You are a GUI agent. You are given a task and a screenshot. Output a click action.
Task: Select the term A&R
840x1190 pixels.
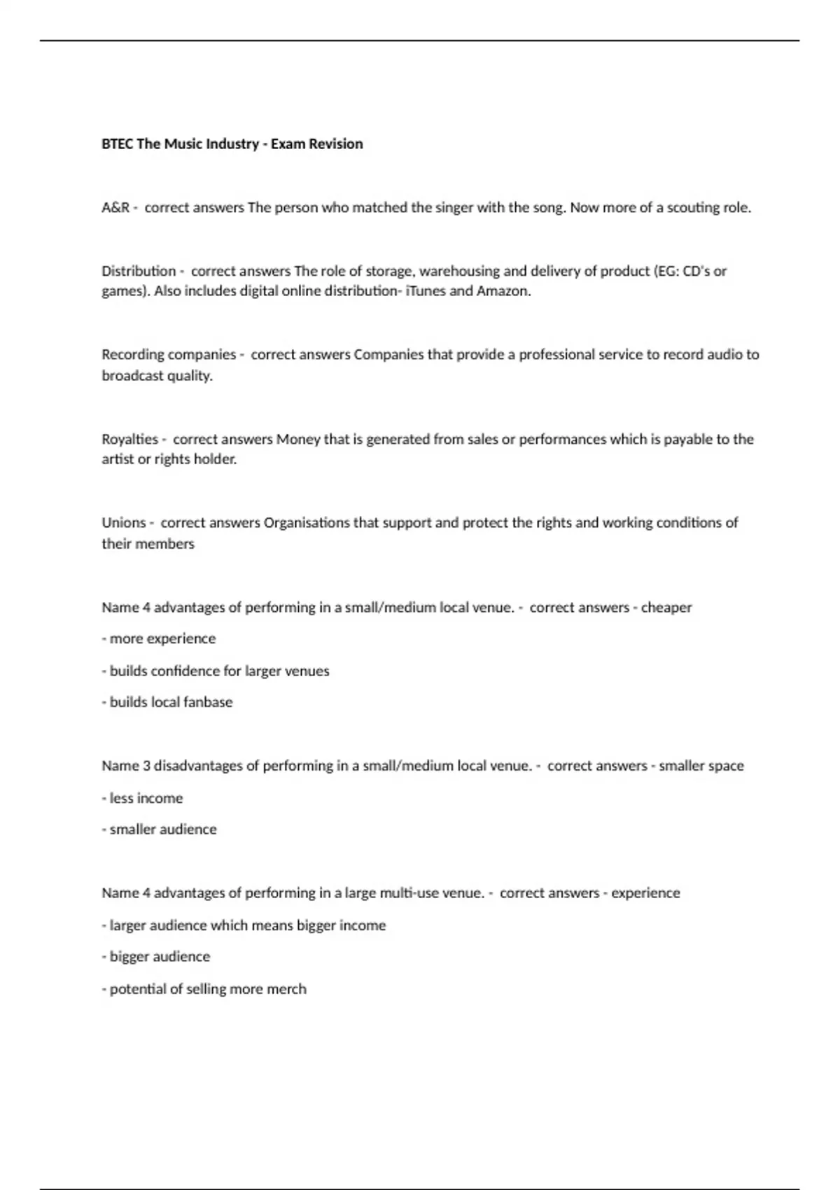click(115, 208)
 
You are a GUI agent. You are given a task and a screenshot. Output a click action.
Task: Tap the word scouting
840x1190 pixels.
click(693, 208)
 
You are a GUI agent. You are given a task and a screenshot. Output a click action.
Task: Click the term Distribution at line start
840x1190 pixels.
click(139, 271)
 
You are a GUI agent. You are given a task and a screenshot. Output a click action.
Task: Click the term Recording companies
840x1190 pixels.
click(169, 355)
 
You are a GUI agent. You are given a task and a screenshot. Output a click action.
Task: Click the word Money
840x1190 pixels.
click(298, 440)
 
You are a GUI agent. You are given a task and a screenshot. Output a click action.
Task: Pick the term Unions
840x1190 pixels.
click(123, 523)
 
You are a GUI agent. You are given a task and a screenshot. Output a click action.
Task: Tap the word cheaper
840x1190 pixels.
click(666, 608)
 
